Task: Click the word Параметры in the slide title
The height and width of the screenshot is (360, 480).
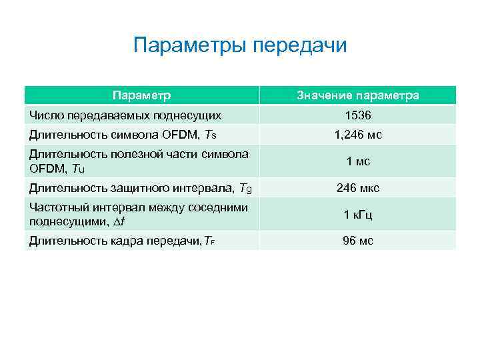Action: tap(191, 45)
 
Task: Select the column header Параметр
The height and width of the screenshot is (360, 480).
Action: tap(141, 95)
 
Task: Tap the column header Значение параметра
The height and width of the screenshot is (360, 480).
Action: tap(358, 95)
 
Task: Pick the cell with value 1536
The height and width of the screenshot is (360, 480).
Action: tap(358, 115)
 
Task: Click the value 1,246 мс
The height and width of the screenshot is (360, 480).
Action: tap(358, 135)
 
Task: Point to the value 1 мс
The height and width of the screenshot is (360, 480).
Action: tap(358, 161)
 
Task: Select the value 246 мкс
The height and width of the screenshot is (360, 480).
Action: tap(358, 188)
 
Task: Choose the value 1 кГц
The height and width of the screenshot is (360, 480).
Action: tap(358, 215)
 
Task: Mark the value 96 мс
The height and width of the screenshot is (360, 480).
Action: tap(358, 241)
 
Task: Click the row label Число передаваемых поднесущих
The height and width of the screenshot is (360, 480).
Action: tap(125, 115)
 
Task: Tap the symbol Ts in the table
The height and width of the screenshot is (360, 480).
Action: tap(211, 135)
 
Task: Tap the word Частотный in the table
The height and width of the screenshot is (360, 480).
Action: tap(55, 208)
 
